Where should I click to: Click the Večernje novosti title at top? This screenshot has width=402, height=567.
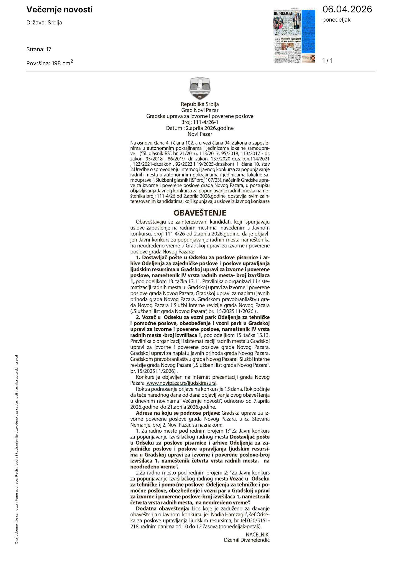coord(59,10)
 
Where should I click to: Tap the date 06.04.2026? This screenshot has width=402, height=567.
coord(347,9)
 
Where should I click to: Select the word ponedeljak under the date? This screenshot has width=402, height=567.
coord(336,20)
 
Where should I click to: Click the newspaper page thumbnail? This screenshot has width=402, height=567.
coord(295,36)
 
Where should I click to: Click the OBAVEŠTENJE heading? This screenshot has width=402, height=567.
coord(200,213)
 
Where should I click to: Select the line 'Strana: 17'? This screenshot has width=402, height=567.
coord(39,49)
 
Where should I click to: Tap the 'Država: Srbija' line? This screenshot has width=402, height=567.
coord(44,23)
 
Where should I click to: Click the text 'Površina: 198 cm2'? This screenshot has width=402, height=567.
coord(50,63)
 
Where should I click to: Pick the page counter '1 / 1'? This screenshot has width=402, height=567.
coord(327,61)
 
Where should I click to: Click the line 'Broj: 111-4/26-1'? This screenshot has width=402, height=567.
coord(200,122)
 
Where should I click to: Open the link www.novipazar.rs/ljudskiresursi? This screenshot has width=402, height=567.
coord(181,383)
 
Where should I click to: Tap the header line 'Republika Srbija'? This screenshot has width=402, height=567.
coord(200,104)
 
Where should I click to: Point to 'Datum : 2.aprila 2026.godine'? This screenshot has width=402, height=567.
coord(200,128)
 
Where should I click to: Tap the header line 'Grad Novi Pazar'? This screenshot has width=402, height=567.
coord(200,110)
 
